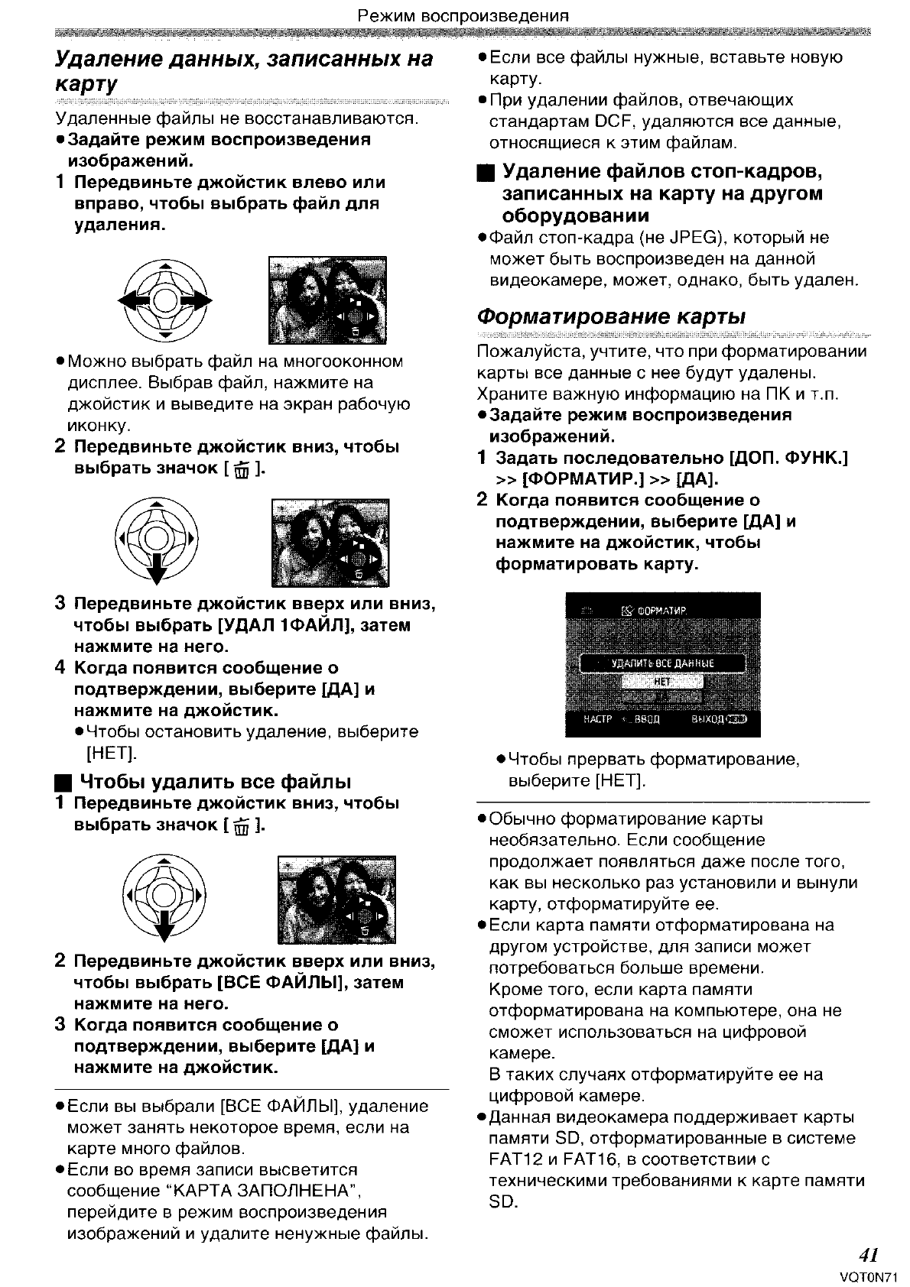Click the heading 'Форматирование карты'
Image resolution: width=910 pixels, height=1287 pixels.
coord(611,316)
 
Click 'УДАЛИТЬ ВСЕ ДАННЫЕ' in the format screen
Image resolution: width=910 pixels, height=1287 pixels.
coord(662,663)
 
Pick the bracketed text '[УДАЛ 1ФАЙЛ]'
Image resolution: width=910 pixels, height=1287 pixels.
coord(285,625)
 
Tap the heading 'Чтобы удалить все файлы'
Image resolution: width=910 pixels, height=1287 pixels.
coord(215,781)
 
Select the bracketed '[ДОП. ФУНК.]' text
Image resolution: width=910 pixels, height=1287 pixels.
coord(790,458)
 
